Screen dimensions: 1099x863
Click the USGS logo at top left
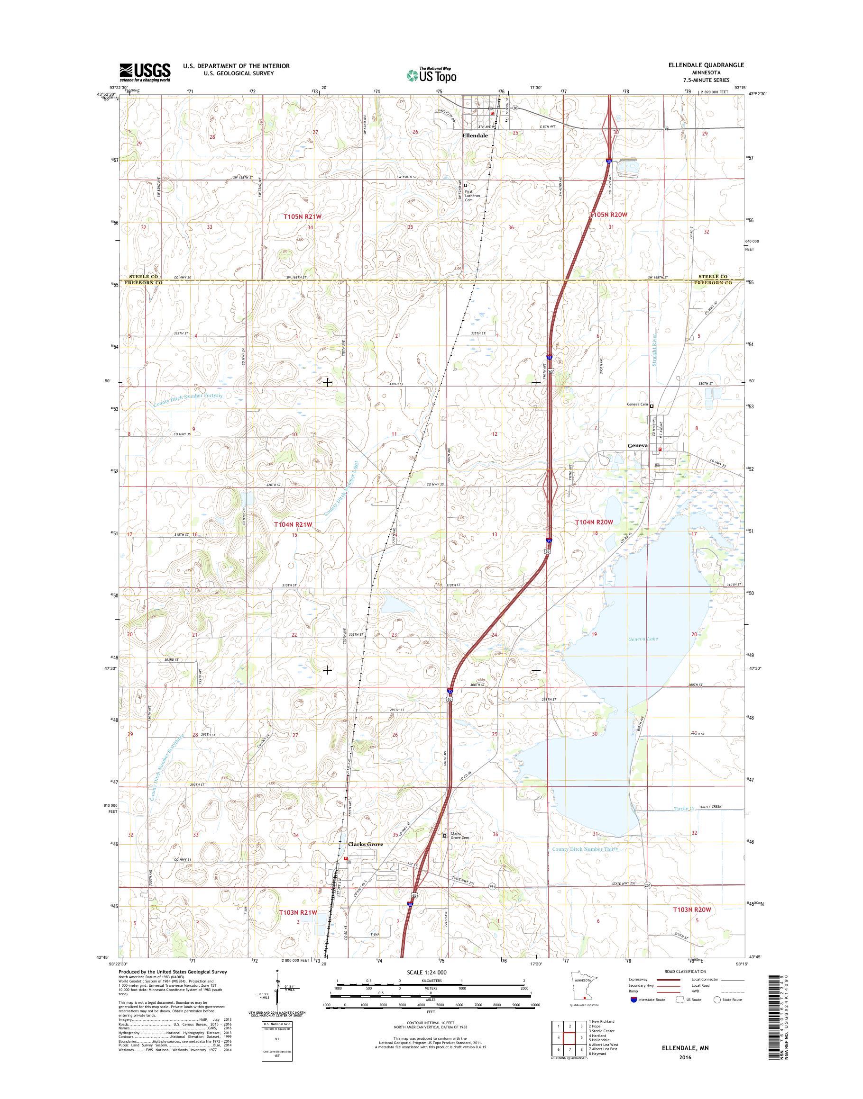pos(145,72)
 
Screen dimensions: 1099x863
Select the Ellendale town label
pos(476,135)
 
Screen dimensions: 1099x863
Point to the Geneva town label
pos(637,446)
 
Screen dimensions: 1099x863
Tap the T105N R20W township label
pos(608,215)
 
